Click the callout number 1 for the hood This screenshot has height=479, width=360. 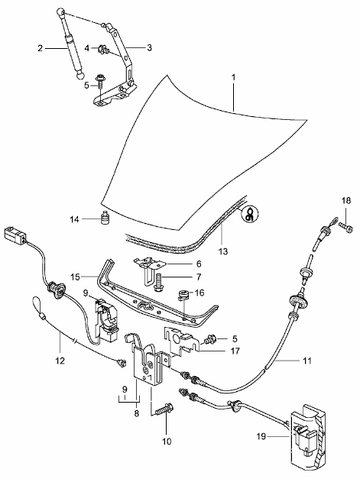(x=233, y=78)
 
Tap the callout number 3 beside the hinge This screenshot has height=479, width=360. (x=149, y=48)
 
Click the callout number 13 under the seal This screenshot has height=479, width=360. (x=223, y=251)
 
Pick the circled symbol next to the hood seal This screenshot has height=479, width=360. (x=250, y=212)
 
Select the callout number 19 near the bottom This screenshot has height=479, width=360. (x=261, y=436)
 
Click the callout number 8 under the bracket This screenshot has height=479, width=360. (x=136, y=413)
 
